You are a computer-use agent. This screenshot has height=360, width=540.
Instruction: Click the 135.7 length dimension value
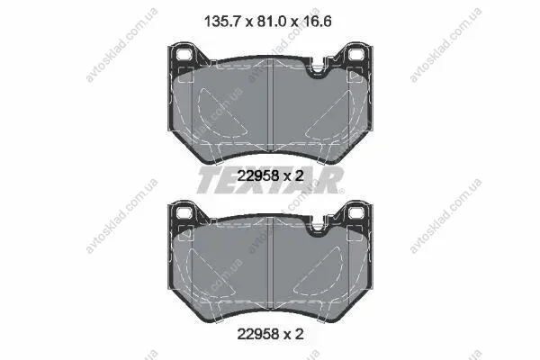pyautogui.click(x=222, y=22)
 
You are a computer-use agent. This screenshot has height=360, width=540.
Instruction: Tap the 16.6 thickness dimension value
pyautogui.click(x=317, y=22)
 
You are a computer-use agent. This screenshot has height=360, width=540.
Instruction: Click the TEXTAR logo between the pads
pyautogui.click(x=270, y=180)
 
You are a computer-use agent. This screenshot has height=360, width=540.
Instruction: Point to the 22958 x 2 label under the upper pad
pyautogui.click(x=270, y=176)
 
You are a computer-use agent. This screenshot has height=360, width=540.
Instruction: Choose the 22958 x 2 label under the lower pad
pyautogui.click(x=270, y=334)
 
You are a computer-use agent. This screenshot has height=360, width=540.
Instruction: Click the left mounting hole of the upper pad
pyautogui.click(x=184, y=54)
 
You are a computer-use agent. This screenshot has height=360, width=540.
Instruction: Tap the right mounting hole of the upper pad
pyautogui.click(x=356, y=54)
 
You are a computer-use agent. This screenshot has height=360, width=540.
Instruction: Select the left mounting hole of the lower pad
pyautogui.click(x=184, y=212)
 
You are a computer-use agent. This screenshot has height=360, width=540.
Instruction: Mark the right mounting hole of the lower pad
pyautogui.click(x=356, y=212)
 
